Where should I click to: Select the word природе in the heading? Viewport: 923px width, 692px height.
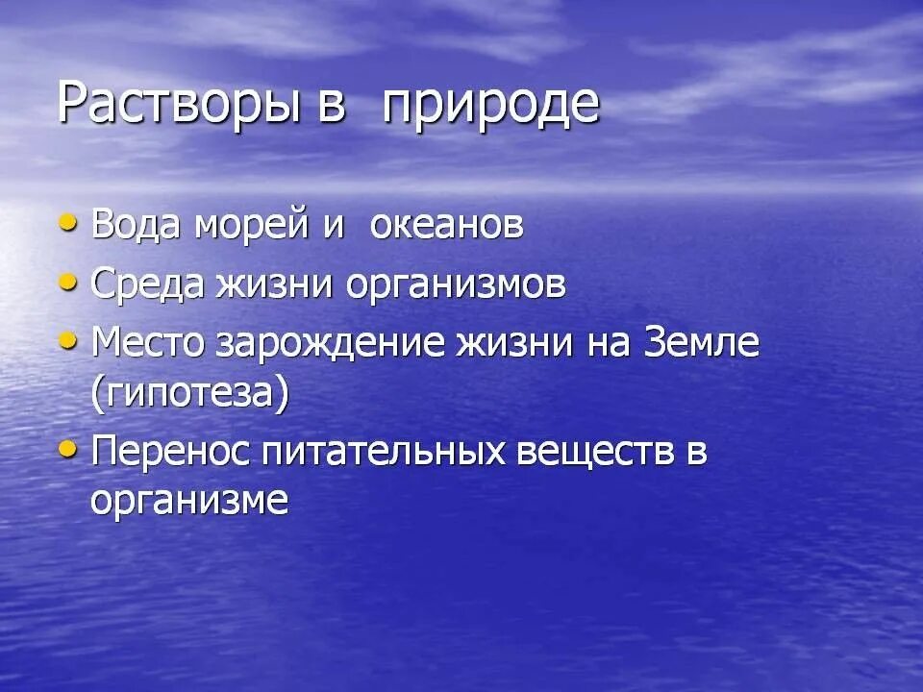coord(490,107)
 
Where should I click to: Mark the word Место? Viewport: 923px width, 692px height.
coord(149,343)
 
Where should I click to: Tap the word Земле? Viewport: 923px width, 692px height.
coord(704,343)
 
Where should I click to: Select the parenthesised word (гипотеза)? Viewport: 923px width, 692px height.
coord(189,395)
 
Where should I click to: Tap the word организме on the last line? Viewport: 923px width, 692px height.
coord(189,501)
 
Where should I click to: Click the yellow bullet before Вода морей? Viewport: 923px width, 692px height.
coord(67,224)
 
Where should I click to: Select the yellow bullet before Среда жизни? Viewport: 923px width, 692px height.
coord(67,283)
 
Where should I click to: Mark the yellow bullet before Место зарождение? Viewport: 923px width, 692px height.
coord(67,341)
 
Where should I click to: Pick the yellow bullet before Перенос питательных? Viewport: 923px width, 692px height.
coord(67,449)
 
